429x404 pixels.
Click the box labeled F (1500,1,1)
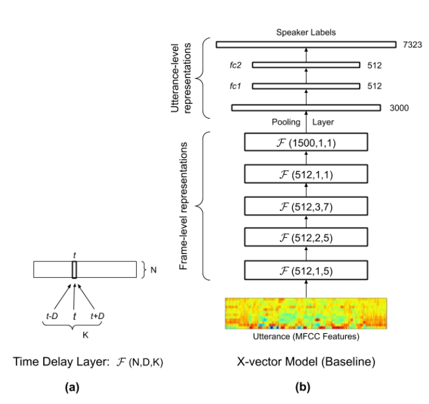pos(305,143)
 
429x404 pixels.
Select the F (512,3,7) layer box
pos(305,206)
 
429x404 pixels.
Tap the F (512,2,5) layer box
pos(305,237)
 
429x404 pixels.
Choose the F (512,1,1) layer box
pos(305,175)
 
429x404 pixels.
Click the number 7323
pos(411,45)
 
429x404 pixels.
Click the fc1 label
pos(235,85)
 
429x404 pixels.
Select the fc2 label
pos(235,65)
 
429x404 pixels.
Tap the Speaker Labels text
pos(306,31)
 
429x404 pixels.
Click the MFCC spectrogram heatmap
pos(306,314)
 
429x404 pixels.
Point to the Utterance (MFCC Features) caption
pos(306,338)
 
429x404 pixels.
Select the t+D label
pos(97,315)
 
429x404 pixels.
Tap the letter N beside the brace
pos(154,269)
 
